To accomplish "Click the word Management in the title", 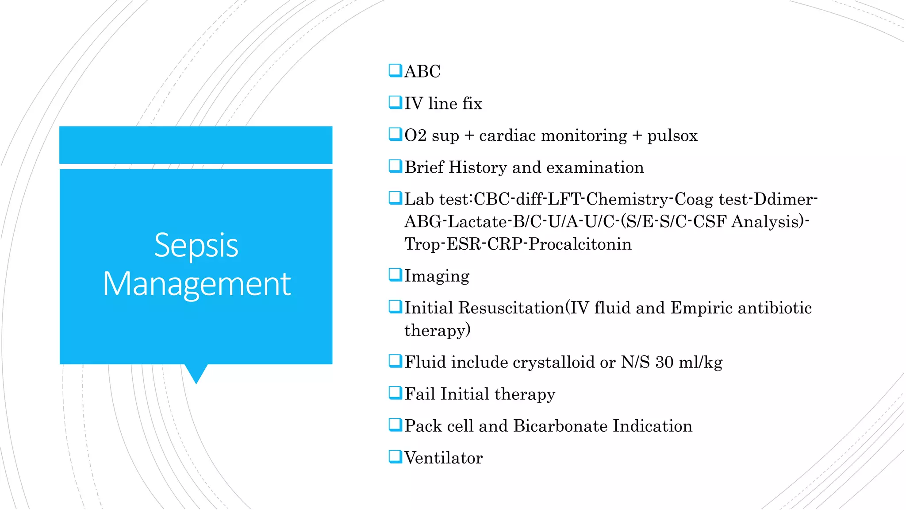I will tap(196, 284).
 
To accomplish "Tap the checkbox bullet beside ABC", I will tap(395, 70).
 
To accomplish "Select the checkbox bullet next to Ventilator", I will tap(395, 456).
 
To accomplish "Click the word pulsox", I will tap(672, 136).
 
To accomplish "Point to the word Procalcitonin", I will tap(580, 244).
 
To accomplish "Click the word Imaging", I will tap(437, 276).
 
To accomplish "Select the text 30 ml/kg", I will tap(688, 362).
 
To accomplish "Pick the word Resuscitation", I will tap(511, 308).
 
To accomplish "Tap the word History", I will tap(477, 167).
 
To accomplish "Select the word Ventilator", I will tap(443, 458).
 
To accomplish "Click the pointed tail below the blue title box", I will tap(196, 373).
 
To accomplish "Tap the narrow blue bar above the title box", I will tap(196, 145).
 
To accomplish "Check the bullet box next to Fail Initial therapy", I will tap(395, 393).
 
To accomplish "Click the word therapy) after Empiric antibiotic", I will tap(437, 331).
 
